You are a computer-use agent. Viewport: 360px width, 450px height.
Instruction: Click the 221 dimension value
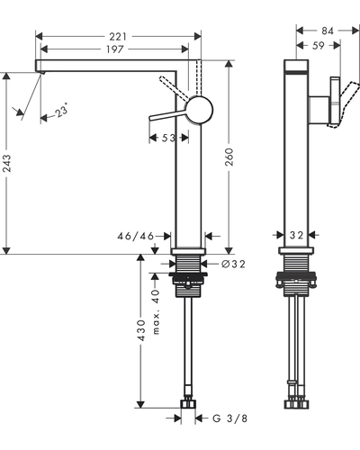point(118,37)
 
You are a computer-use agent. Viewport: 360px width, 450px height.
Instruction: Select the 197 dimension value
point(115,49)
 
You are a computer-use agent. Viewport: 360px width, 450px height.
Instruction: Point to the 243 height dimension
point(6,163)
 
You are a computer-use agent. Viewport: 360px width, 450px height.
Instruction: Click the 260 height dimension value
point(229,157)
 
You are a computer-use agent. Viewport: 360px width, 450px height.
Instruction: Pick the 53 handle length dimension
point(168,138)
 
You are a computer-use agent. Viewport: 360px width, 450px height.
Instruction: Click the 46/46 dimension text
point(135,237)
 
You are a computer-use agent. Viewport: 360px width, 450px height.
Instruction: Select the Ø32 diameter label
point(233,264)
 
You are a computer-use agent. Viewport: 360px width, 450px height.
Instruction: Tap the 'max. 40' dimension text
point(156,312)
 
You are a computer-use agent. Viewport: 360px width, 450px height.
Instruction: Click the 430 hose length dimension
point(140,330)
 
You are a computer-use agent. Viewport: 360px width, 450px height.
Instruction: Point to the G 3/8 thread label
point(230,418)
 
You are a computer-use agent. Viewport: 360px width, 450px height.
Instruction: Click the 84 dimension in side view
point(328,31)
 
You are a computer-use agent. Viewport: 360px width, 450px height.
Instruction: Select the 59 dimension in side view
point(319,46)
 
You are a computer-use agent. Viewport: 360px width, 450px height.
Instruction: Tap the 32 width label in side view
point(296,236)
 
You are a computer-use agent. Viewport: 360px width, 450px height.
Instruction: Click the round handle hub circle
point(199,110)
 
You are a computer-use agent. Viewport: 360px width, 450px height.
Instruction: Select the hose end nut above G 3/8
point(188,404)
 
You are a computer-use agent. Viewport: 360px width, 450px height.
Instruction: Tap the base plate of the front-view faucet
point(188,251)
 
